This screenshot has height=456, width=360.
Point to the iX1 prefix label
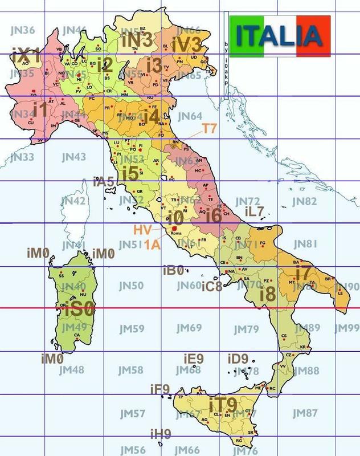[x=26, y=57]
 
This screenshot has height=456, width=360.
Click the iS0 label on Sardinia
[x=79, y=311]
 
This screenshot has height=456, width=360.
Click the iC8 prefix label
[x=211, y=286]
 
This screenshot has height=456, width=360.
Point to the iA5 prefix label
[x=103, y=182]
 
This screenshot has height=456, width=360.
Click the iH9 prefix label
[x=161, y=434]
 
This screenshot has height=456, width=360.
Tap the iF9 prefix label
[x=159, y=389]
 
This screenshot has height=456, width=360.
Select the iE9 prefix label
[x=193, y=359]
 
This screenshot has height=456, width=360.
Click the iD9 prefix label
[x=238, y=359]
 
